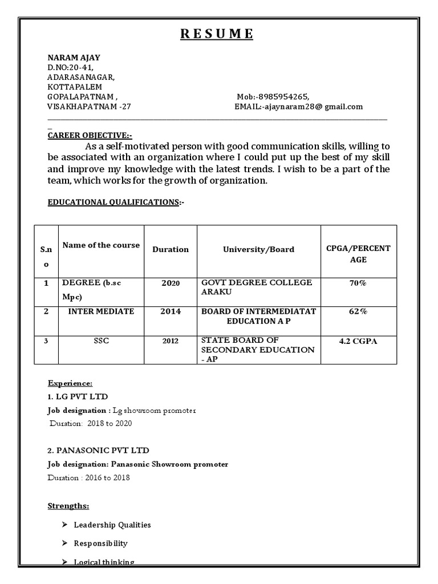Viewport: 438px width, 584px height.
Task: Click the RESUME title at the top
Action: [217, 34]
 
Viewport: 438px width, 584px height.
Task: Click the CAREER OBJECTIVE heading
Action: [89, 135]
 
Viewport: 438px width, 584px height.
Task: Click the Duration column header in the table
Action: [170, 249]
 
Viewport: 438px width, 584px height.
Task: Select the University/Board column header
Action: [258, 249]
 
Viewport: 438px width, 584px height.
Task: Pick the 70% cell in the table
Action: [358, 283]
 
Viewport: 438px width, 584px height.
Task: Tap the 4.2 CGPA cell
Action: [358, 340]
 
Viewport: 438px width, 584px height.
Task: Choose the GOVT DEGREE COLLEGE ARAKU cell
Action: [257, 287]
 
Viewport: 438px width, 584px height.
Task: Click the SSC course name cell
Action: [101, 340]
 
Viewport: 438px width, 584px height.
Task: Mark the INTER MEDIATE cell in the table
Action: [101, 311]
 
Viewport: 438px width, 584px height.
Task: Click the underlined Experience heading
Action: [70, 383]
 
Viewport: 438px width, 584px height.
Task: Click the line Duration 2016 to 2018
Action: [88, 477]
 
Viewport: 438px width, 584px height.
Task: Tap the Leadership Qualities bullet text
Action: [112, 525]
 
